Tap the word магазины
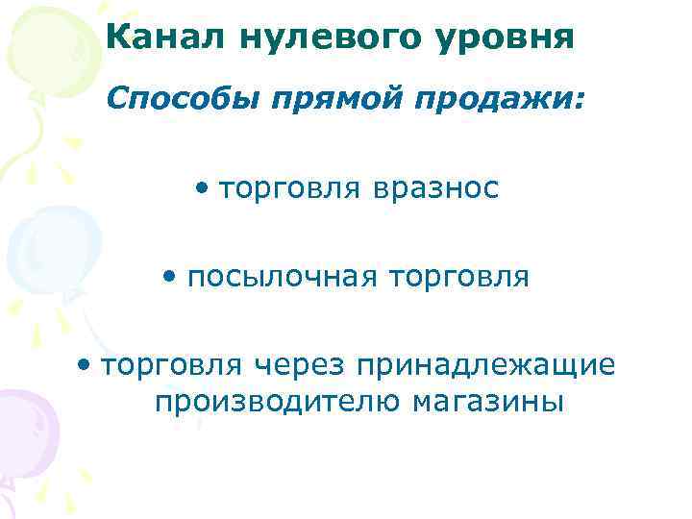click(x=488, y=400)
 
